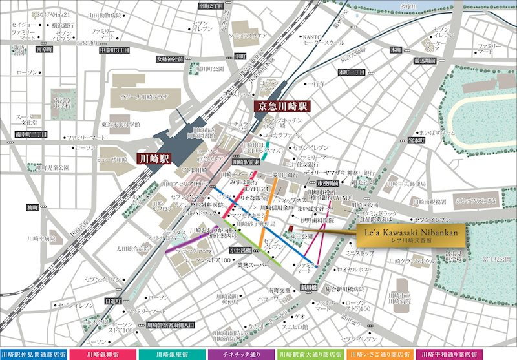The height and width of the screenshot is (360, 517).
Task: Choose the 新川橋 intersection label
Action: coord(308,288)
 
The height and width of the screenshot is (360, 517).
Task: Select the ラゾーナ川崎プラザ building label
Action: coord(143,97)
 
